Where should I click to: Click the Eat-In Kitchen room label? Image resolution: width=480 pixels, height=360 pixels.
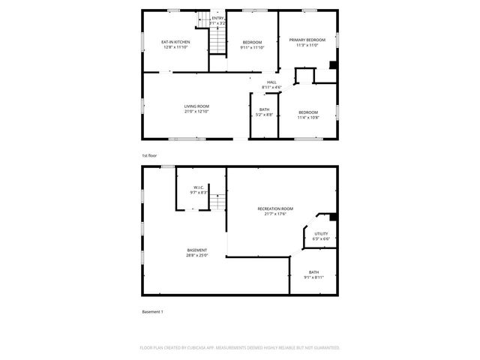pos(175,41)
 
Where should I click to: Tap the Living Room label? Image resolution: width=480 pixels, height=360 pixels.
pos(196,106)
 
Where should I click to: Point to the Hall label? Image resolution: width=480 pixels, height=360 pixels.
pos(271,82)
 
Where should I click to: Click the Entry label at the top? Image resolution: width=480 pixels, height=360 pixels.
pos(217,18)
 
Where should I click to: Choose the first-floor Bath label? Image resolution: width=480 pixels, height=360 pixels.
pos(264,109)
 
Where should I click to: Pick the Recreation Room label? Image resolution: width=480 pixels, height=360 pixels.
pos(275,208)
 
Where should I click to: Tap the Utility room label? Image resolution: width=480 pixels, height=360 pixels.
pos(321,233)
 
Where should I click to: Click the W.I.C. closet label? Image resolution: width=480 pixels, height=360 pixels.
pos(199,187)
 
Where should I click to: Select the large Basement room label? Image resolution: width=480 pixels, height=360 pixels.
pos(197,250)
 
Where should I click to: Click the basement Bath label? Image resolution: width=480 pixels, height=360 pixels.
pos(313,272)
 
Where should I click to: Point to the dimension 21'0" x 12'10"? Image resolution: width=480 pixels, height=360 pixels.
pos(196,112)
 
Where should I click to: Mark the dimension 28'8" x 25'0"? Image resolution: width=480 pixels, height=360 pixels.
pos(197,256)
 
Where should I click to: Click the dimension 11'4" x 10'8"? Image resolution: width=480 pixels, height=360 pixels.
pos(307,118)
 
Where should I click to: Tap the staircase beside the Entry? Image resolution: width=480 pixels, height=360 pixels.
pos(217,43)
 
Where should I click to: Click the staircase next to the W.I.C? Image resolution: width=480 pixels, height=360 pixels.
pos(217,202)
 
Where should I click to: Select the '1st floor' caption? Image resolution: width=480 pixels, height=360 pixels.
pos(149,155)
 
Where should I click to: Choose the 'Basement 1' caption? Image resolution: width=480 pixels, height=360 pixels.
pos(152,311)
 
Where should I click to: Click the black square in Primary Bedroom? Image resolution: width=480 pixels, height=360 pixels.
pos(331,64)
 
